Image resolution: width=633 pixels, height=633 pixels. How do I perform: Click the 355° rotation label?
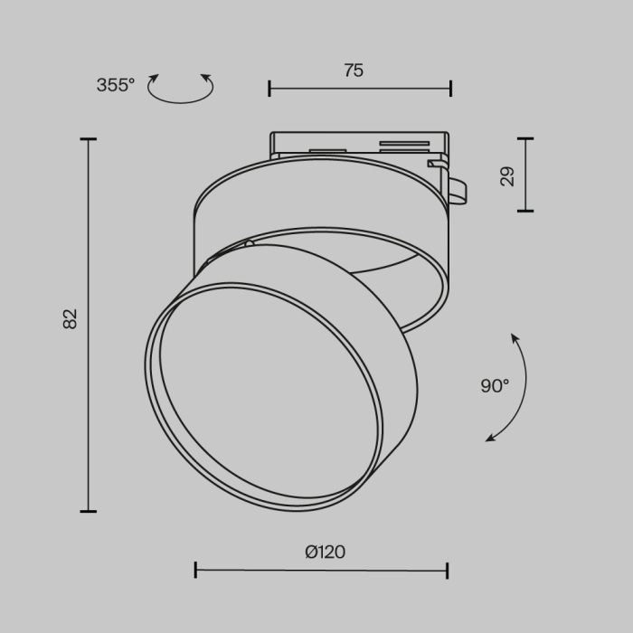point(115,85)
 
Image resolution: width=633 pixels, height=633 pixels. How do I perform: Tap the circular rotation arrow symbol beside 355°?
point(181,89)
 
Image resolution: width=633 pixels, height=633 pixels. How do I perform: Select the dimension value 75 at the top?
point(354,71)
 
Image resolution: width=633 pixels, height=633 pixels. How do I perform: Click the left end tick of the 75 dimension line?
point(269,88)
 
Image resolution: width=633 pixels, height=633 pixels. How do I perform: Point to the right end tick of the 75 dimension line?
point(450,88)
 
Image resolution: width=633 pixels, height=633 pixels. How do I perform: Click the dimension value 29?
point(507,175)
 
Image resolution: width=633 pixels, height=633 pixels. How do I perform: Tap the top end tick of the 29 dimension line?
point(524,139)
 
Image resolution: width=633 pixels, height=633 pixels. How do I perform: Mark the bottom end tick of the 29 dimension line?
point(524,211)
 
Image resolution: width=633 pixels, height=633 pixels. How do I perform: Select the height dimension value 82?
point(71,319)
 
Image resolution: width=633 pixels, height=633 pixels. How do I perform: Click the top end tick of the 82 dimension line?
point(88,139)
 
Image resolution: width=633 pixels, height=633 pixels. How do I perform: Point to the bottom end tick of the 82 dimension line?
point(88,511)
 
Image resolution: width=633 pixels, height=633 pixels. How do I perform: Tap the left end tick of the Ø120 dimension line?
point(196,570)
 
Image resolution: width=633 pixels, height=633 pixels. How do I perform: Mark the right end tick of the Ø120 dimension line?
point(447,570)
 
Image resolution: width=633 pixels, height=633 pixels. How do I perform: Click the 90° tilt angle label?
point(495,386)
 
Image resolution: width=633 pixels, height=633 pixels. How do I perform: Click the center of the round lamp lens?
point(262,398)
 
